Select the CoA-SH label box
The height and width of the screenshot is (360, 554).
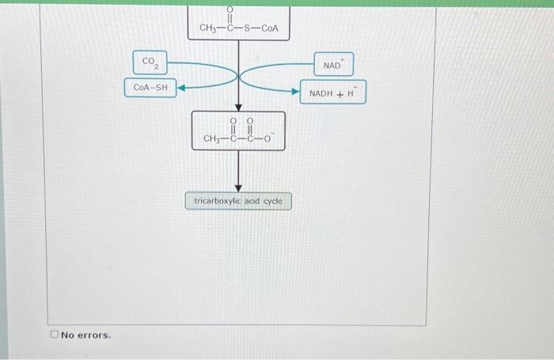pos(150,88)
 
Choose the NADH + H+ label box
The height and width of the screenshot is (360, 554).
pos(333,93)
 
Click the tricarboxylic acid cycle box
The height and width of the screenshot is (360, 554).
pos(238,201)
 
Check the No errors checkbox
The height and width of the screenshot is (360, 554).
pos(55,335)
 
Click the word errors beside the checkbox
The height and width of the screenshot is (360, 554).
pos(94,335)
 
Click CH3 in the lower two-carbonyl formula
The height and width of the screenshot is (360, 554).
pos(212,139)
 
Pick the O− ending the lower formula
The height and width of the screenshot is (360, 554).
pos(268,139)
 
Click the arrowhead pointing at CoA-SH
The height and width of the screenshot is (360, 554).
pos(180,89)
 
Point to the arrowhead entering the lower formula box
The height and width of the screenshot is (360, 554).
pos(238,107)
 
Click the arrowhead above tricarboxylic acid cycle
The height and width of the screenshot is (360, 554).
pos(238,188)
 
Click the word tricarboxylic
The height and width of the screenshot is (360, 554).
pos(218,201)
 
